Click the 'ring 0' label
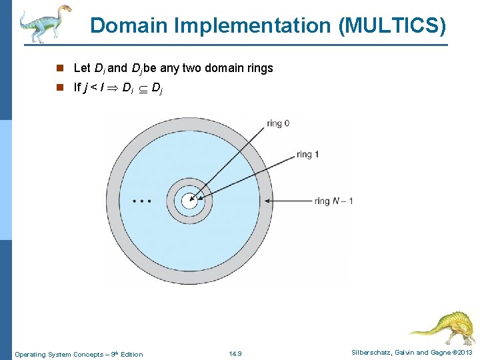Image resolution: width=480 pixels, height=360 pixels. (277, 123)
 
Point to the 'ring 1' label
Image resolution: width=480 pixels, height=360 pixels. (307, 154)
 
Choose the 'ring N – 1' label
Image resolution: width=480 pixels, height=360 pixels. (333, 201)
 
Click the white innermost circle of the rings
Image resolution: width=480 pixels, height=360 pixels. (189, 200)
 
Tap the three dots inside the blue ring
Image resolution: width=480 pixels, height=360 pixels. (142, 200)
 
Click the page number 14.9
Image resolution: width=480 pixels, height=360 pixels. (235, 353)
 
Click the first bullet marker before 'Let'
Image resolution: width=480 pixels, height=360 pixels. (59, 68)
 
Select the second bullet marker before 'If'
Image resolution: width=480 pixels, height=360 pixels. (59, 87)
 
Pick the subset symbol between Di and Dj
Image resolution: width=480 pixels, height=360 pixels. (143, 87)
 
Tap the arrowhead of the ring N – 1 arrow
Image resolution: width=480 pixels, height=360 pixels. (268, 201)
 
